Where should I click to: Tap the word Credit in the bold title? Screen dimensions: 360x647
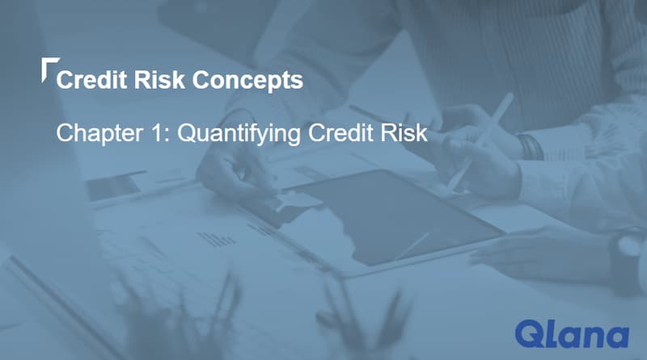click(90, 80)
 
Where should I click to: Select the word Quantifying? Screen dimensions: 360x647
click(228, 133)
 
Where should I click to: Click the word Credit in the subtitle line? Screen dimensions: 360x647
click(339, 132)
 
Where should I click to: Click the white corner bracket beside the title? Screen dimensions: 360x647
click(48, 67)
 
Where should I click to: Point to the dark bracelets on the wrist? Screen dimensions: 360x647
click(530, 147)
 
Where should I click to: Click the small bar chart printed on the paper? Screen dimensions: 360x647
click(215, 237)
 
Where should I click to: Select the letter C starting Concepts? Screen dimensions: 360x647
click(205, 80)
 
